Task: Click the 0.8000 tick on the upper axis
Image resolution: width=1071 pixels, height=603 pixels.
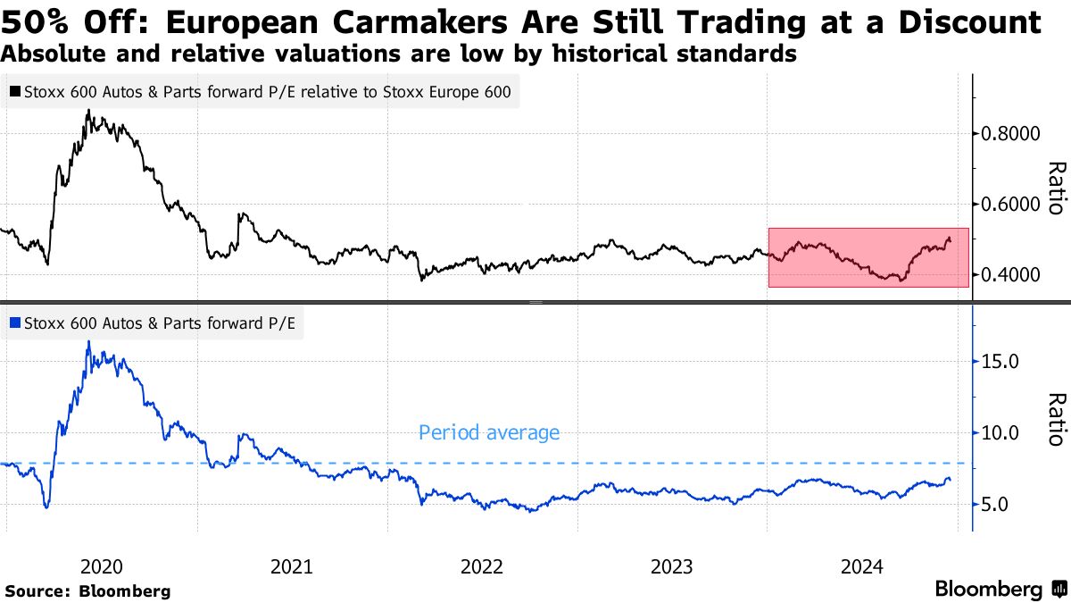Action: (x=1012, y=134)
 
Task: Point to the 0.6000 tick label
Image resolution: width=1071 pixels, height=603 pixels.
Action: (x=1012, y=205)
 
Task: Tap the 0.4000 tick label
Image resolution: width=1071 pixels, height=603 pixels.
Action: (x=1012, y=274)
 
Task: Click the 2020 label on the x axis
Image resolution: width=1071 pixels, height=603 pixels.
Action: (x=101, y=566)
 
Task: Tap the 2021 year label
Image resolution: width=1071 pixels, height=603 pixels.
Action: (x=291, y=566)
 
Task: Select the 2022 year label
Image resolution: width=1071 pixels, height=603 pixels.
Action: (x=482, y=566)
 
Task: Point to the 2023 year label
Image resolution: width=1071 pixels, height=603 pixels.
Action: (x=672, y=566)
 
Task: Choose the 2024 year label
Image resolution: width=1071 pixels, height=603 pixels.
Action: (x=862, y=566)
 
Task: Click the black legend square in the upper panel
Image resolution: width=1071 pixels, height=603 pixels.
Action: (x=16, y=91)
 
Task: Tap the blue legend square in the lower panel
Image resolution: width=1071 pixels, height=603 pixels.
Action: (x=16, y=323)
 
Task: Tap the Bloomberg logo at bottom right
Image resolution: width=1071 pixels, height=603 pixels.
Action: (x=1000, y=589)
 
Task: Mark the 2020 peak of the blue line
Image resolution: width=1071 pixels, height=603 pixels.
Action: (x=88, y=341)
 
